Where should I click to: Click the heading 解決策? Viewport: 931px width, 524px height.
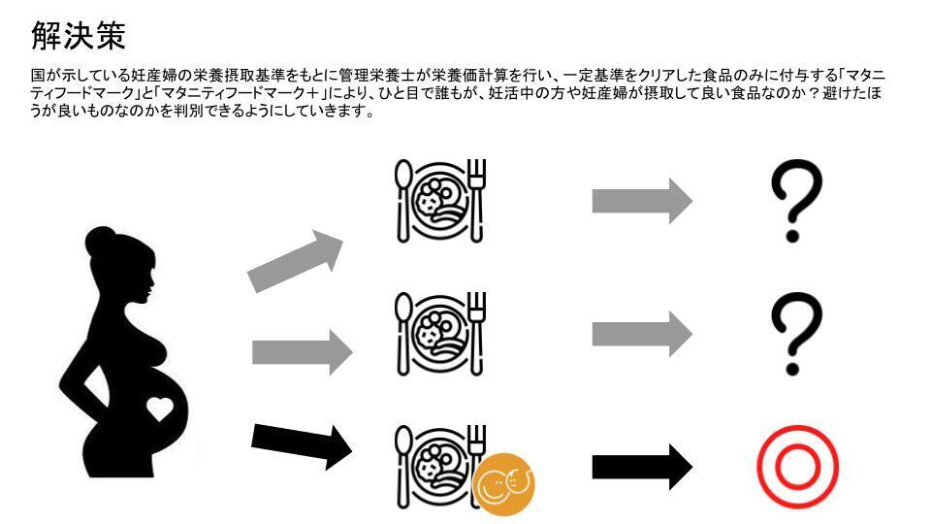coord(78,36)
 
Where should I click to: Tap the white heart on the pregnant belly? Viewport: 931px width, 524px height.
coord(160,409)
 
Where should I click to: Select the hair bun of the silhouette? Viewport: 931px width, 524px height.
coord(100,239)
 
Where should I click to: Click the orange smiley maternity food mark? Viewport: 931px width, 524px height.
coord(504,483)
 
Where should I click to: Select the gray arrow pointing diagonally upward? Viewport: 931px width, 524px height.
coord(295,261)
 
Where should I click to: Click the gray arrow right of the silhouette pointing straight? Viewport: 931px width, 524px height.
coord(303,352)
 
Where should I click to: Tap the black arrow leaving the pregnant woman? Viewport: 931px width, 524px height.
coord(302,445)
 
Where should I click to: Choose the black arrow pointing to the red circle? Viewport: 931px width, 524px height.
coord(642,467)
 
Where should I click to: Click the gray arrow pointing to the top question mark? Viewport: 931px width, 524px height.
coord(642,201)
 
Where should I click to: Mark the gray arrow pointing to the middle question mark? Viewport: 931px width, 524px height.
coord(642,334)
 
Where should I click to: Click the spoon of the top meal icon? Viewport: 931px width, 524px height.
coord(403,201)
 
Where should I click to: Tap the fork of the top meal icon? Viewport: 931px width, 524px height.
coord(477,201)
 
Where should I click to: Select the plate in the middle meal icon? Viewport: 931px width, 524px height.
coord(440,334)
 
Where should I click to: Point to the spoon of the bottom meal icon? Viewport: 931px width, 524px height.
coord(403,467)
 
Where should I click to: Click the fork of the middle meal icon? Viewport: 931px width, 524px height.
coord(477,334)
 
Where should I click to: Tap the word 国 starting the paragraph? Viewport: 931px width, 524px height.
coord(38,76)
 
